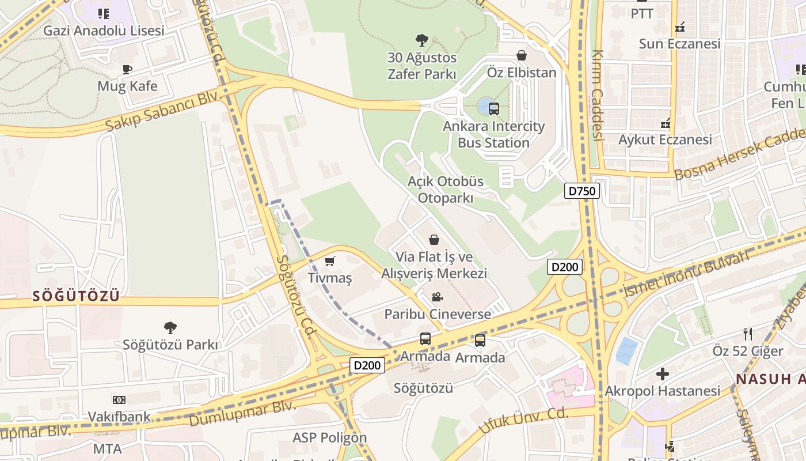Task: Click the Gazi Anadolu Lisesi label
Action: click(104, 31)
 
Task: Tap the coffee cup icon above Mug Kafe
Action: click(127, 70)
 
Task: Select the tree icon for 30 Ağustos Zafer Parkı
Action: click(422, 40)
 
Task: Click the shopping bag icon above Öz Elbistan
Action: click(522, 55)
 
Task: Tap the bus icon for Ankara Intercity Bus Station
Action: click(493, 108)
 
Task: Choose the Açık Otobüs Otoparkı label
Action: click(446, 190)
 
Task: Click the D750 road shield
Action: click(581, 191)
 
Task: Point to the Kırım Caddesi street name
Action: click(598, 95)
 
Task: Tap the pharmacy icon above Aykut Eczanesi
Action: click(665, 123)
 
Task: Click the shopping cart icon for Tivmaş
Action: click(330, 262)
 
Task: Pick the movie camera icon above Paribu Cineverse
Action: click(437, 297)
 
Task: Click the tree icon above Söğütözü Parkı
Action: click(170, 328)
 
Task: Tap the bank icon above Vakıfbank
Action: click(119, 399)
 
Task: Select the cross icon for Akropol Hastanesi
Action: click(663, 374)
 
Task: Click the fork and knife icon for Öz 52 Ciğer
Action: click(748, 334)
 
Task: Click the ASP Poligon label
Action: click(329, 437)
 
